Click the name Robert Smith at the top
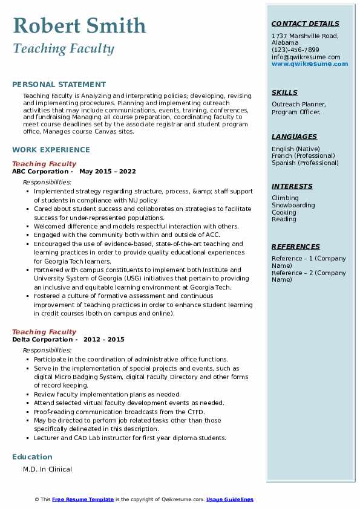pos(79,25)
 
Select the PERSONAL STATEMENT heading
pos(59,85)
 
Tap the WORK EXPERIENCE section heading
pos(51,149)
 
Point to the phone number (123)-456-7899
pos(295,50)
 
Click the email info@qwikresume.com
pos(306,57)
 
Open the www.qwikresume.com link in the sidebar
pos(310,63)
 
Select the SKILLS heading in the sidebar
pos(284,92)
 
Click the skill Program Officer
pos(296,112)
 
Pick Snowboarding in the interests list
pos(293,205)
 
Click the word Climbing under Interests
pos(285,198)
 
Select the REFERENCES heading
pos(296,247)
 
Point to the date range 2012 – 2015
pos(105,339)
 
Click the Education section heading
pos(32,456)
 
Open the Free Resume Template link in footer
pos(83,499)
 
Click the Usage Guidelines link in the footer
pos(229,499)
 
